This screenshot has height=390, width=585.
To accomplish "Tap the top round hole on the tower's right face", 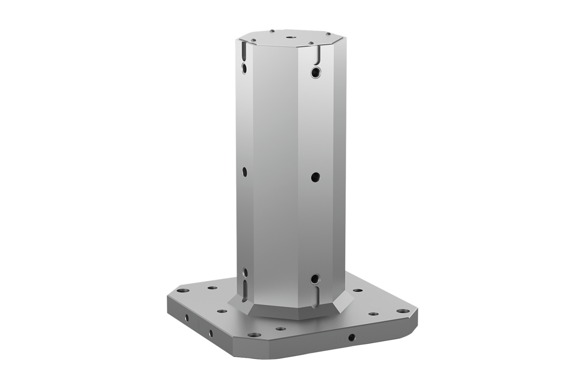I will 315,73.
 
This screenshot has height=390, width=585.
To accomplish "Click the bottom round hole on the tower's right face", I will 315,279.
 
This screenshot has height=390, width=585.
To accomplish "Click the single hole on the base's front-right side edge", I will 351,337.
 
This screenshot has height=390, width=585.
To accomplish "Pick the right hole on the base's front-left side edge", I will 211,333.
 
